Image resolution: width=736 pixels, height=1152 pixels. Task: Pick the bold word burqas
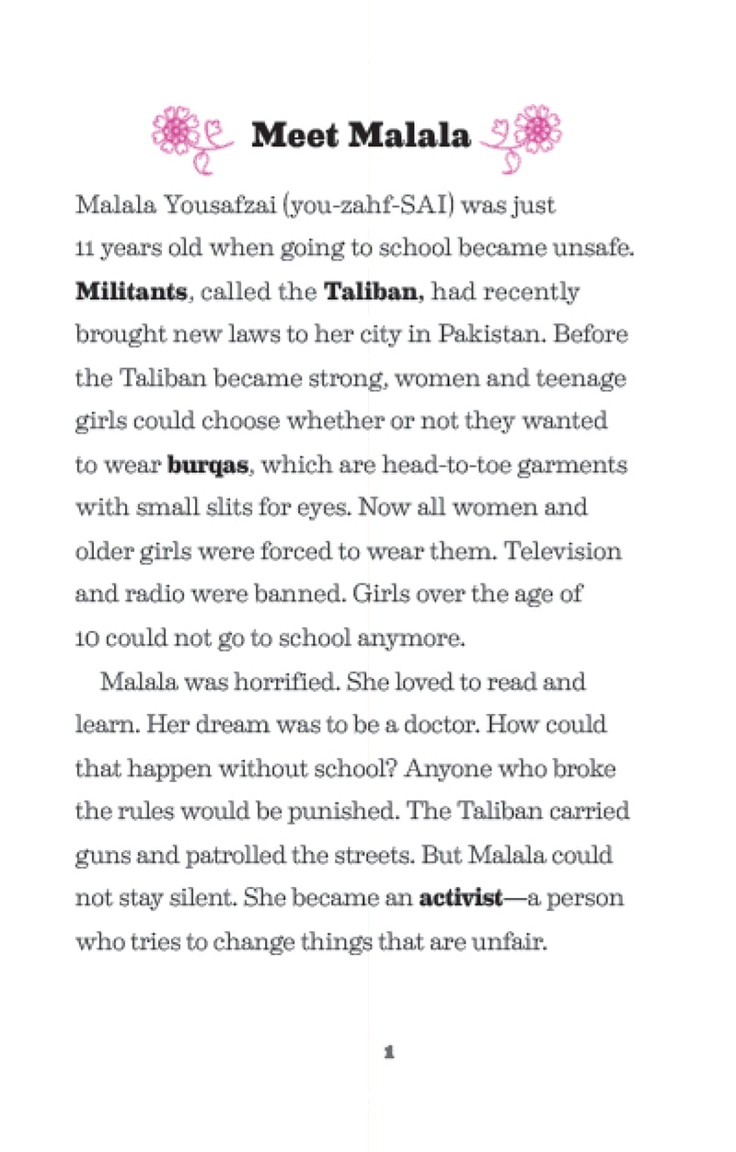[208, 465]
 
